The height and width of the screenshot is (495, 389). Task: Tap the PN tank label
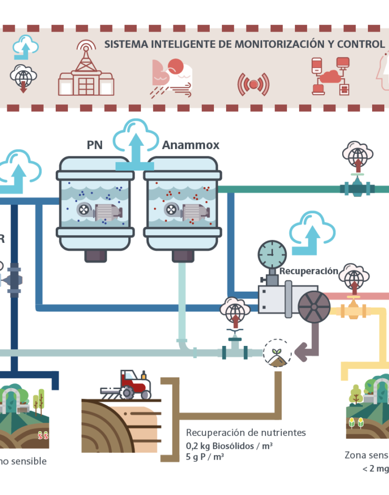(x=95, y=144)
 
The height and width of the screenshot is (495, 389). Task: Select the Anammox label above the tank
(x=190, y=144)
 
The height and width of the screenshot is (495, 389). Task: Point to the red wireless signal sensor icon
(x=253, y=83)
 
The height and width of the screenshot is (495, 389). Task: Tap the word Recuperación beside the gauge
(x=309, y=271)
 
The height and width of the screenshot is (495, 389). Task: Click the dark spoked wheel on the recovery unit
(x=314, y=306)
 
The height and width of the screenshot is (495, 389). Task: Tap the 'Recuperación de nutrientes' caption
(x=245, y=433)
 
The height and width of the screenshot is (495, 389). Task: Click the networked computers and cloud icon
(x=330, y=76)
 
